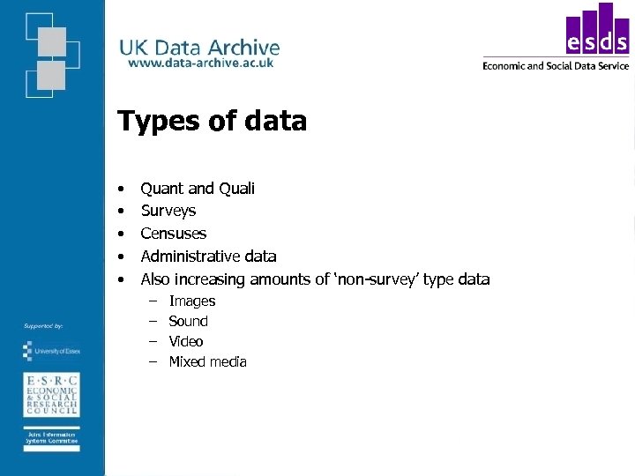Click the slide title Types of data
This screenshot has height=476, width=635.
pyautogui.click(x=212, y=121)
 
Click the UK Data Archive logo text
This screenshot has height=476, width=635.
pyautogui.click(x=199, y=48)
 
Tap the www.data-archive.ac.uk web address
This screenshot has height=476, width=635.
pyautogui.click(x=201, y=63)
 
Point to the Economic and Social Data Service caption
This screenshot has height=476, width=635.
pyautogui.click(x=556, y=65)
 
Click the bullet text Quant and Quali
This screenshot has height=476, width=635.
pyautogui.click(x=198, y=188)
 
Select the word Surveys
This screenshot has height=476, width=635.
pyautogui.click(x=168, y=211)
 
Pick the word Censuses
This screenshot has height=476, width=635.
pyautogui.click(x=174, y=234)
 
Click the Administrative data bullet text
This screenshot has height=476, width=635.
pyautogui.click(x=208, y=257)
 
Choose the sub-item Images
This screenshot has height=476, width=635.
pyautogui.click(x=191, y=301)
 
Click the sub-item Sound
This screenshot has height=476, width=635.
pyautogui.click(x=188, y=322)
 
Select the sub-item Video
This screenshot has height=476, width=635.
pyautogui.click(x=185, y=342)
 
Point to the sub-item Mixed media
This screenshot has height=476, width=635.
pyautogui.click(x=207, y=362)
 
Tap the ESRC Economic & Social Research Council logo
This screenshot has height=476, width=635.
pyautogui.click(x=51, y=394)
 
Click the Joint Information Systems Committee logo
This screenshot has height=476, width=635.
pyautogui.click(x=51, y=440)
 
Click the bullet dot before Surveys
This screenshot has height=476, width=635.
pyautogui.click(x=121, y=211)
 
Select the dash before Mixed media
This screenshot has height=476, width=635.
pyautogui.click(x=152, y=362)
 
